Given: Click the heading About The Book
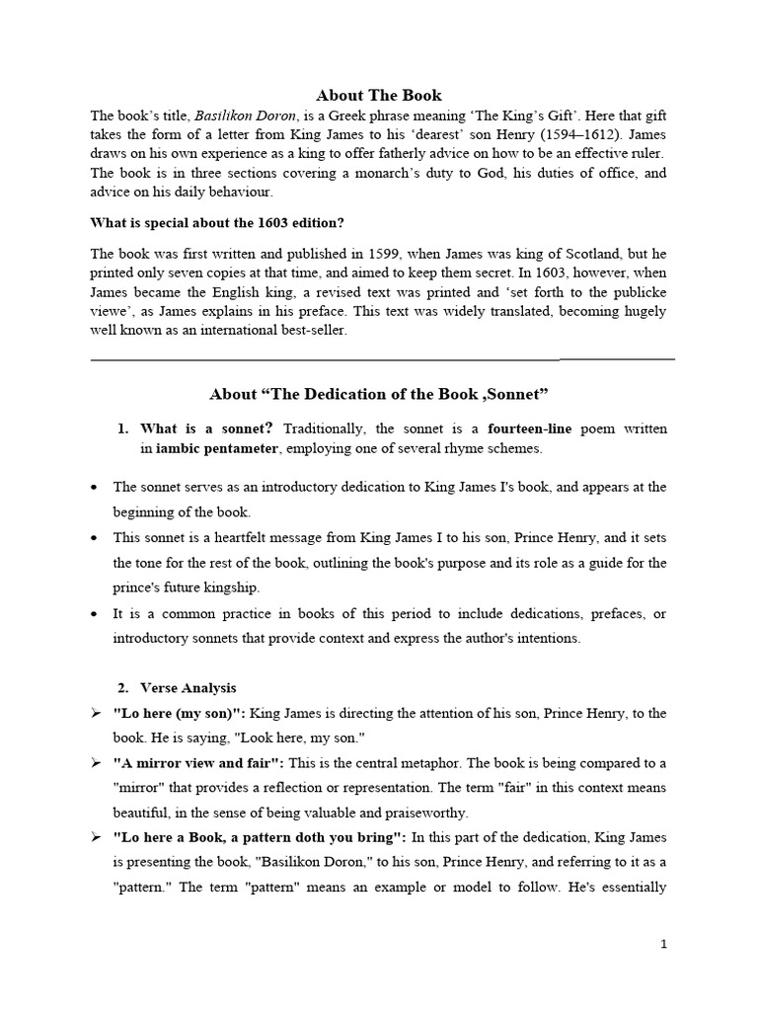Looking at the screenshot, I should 379,95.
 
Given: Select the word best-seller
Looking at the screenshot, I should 310,330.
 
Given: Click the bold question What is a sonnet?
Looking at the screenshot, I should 207,428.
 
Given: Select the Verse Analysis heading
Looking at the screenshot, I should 189,687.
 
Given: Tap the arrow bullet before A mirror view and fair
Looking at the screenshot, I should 96,763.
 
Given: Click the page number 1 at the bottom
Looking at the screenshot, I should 664,944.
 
